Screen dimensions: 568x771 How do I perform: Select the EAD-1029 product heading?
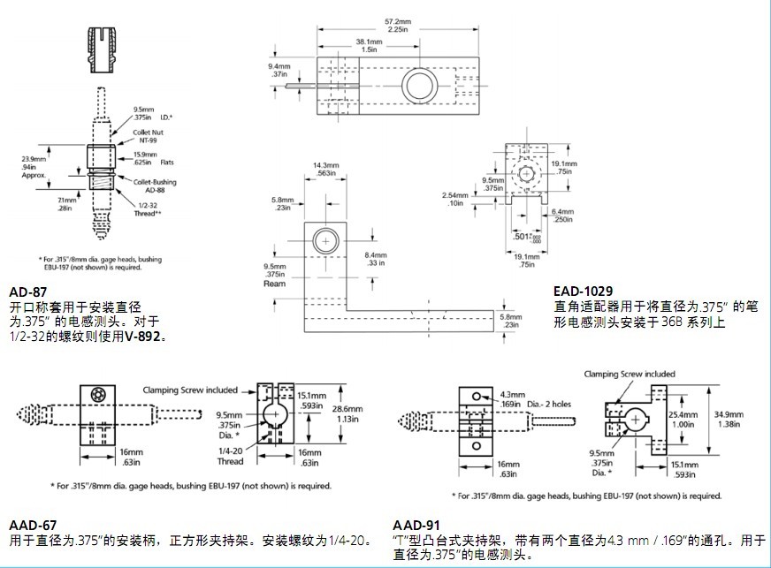584,290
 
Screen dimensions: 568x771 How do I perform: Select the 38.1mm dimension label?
370,42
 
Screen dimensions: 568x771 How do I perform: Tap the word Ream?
274,284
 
